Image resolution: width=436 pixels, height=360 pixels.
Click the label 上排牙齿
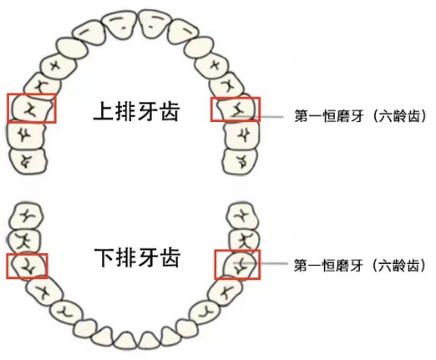coord(137,112)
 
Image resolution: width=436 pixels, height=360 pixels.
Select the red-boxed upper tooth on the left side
coord(31,109)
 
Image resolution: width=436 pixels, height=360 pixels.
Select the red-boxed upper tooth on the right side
coord(236,109)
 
